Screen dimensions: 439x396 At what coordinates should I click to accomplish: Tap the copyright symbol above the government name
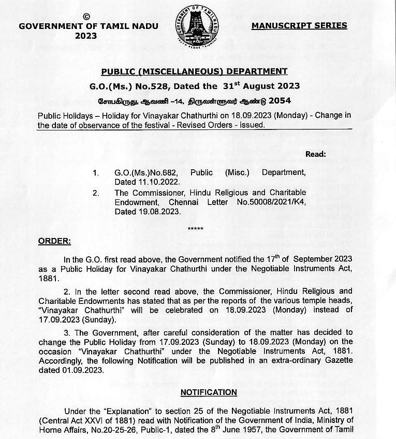(86, 17)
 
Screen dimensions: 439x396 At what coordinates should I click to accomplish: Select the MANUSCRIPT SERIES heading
(299, 25)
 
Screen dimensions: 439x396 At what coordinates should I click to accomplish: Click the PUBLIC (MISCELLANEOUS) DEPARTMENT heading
(194, 71)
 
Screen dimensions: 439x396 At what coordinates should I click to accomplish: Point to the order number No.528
(158, 86)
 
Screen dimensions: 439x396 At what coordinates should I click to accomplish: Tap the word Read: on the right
(316, 154)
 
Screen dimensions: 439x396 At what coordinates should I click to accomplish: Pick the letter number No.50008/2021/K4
(270, 202)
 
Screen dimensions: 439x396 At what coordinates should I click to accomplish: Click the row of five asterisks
(195, 229)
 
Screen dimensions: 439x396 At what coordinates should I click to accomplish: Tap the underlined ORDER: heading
(55, 242)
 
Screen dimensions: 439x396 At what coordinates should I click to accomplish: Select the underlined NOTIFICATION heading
(209, 392)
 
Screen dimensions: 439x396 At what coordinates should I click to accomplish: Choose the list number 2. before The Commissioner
(96, 193)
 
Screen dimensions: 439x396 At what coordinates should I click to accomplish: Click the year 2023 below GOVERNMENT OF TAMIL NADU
(86, 36)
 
